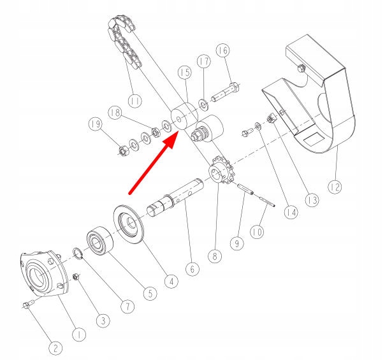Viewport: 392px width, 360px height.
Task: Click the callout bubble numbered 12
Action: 335,187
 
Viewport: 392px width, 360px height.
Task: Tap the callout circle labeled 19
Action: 96,124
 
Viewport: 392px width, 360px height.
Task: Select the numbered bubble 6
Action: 192,269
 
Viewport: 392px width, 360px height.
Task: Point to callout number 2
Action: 55,348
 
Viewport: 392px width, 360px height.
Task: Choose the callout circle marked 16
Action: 223,50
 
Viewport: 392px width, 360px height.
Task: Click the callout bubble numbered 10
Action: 257,232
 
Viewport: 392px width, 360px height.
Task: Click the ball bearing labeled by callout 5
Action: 99,241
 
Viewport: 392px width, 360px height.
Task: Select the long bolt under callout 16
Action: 226,92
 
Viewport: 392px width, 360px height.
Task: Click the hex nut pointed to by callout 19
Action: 123,150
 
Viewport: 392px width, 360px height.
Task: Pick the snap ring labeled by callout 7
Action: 78,254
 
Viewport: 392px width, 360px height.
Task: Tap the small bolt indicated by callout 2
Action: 28,305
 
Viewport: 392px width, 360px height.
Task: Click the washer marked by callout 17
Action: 204,104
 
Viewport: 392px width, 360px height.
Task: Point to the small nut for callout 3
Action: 76,277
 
